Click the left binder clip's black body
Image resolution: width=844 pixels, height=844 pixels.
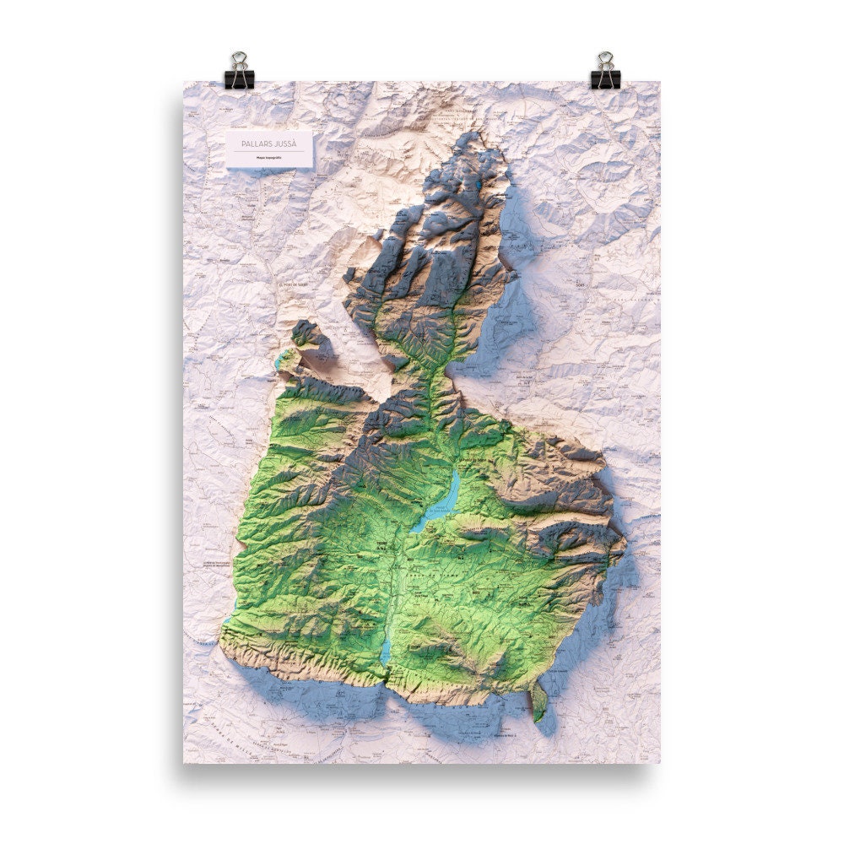pos(239,78)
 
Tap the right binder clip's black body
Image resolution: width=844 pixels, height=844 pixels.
pos(605,78)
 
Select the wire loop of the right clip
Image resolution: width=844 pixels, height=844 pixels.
pos(605,61)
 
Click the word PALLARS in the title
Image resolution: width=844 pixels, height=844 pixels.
pos(255,143)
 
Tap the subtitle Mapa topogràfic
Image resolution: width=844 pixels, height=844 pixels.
pos(269,158)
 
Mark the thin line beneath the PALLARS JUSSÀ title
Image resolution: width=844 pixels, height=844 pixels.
pos(269,151)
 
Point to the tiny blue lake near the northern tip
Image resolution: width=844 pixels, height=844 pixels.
pos(478,181)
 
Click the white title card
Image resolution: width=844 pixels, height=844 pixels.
pos(269,149)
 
